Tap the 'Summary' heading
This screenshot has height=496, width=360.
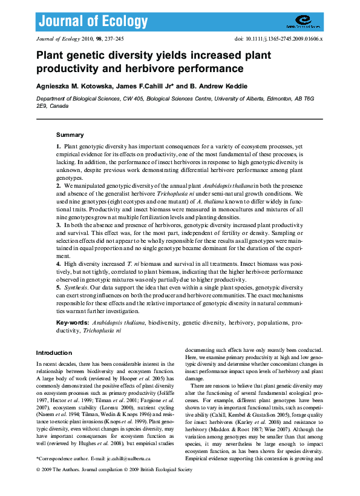coord(70,134)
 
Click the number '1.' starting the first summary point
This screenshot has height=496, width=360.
coord(59,147)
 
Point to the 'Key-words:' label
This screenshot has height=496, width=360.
coord(73,323)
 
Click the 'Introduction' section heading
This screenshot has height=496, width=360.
coord(54,352)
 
